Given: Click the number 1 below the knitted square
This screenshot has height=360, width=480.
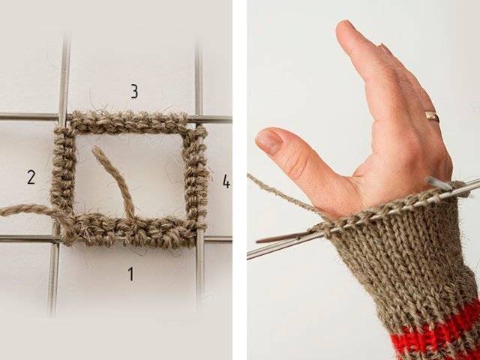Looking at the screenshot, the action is pyautogui.click(x=130, y=274).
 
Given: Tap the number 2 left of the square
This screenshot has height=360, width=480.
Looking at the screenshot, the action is pyautogui.click(x=31, y=177).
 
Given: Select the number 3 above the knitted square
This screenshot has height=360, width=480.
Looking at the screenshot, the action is pyautogui.click(x=134, y=91).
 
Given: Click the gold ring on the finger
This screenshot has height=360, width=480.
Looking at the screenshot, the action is pyautogui.click(x=432, y=117).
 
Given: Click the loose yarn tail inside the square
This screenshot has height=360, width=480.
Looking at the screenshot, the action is pyautogui.click(x=115, y=181).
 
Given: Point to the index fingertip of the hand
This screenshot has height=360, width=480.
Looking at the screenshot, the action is pyautogui.click(x=344, y=28).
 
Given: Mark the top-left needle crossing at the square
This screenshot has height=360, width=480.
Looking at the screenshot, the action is pyautogui.click(x=63, y=117).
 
